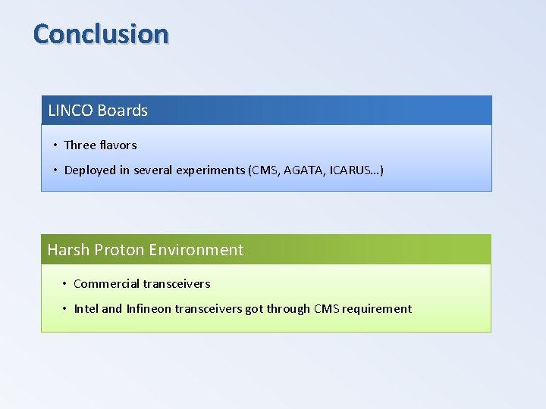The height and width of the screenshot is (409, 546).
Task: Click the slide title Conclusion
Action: pyautogui.click(x=101, y=34)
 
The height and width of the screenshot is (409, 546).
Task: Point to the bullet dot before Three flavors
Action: pyautogui.click(x=55, y=145)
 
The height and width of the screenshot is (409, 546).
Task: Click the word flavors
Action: pyautogui.click(x=118, y=145)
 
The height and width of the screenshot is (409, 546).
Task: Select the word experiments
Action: pyautogui.click(x=210, y=170)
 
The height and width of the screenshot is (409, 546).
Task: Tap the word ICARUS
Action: pyautogui.click(x=353, y=170)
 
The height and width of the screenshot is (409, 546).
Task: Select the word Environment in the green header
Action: pyautogui.click(x=196, y=250)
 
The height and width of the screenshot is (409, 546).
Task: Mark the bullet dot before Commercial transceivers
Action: pyautogui.click(x=64, y=284)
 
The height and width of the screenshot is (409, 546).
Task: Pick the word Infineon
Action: pyautogui.click(x=151, y=309)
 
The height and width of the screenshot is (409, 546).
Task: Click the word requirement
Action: pyautogui.click(x=376, y=309)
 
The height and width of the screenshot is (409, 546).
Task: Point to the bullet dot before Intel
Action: pyautogui.click(x=64, y=309)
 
